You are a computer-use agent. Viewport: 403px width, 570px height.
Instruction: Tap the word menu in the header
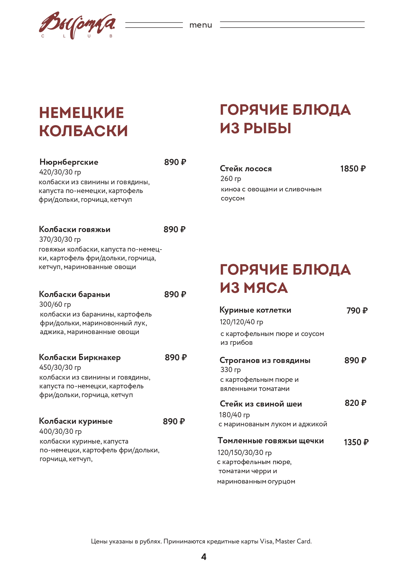pos(201,25)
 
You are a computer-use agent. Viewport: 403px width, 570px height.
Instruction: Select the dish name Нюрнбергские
pos(69,162)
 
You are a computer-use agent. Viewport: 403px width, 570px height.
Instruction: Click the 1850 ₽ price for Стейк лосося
pos(353,169)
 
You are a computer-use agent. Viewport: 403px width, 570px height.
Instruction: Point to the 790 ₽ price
pos(357,311)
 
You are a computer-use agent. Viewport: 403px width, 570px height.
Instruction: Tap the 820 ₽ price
pos(355,403)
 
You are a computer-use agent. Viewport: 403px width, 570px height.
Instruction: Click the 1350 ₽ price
pos(356,442)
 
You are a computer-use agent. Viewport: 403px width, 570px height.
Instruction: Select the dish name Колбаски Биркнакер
pos(80,357)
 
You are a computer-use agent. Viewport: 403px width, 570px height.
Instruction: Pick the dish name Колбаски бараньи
pos(74,294)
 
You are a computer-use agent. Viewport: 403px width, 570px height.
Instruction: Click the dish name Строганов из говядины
pos(265,360)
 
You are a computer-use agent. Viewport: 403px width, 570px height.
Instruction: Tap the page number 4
pos(204,557)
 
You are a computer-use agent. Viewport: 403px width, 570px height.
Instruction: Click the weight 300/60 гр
pos(55,304)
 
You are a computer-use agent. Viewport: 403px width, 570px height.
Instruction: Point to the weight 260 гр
pos(231,179)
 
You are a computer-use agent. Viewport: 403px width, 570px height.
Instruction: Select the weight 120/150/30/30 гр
pos(244,453)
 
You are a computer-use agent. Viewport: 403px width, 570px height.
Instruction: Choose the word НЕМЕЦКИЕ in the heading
pos(82,113)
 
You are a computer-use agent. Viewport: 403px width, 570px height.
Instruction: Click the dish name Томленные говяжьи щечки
pos(271,441)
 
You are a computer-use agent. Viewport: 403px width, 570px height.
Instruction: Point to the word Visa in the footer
pos(266,541)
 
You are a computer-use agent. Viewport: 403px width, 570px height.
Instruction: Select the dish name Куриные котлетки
pos(255,310)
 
